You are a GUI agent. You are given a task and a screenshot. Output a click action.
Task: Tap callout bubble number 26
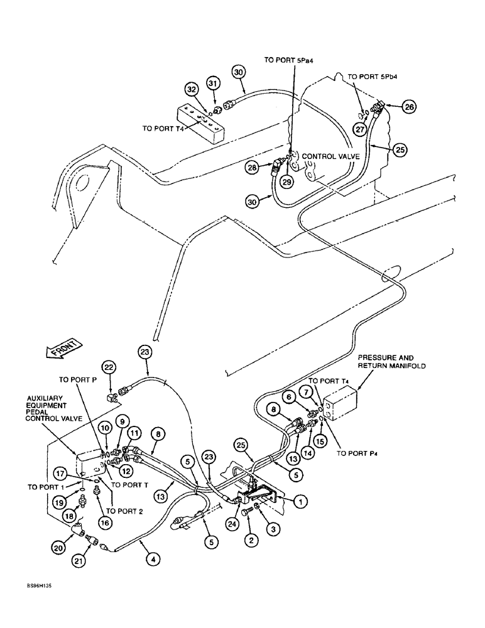(x=409, y=107)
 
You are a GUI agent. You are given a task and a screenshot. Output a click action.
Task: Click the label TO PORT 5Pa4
(x=293, y=61)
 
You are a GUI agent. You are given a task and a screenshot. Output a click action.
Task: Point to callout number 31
(x=213, y=84)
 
